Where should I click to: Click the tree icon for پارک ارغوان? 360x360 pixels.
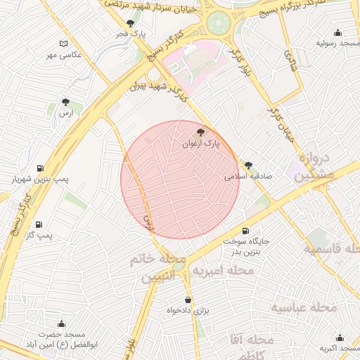coord(201,131)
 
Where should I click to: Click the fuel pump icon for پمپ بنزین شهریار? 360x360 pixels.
coord(39,168)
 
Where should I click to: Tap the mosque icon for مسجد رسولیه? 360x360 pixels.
coord(338,32)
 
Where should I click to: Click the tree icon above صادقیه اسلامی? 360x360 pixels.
coord(248,166)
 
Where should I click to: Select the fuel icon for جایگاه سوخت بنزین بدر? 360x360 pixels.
coord(245,231)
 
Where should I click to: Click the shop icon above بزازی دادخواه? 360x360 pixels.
coord(188,300)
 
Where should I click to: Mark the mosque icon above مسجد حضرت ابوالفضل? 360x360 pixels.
coord(61,324)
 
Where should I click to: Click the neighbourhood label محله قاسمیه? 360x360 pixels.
coord(331,250)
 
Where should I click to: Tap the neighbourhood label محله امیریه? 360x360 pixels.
coord(224,271)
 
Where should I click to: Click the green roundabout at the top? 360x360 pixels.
coord(219,21)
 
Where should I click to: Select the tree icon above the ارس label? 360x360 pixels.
coord(65,102)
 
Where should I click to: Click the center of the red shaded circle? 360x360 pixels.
coord(181,179)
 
